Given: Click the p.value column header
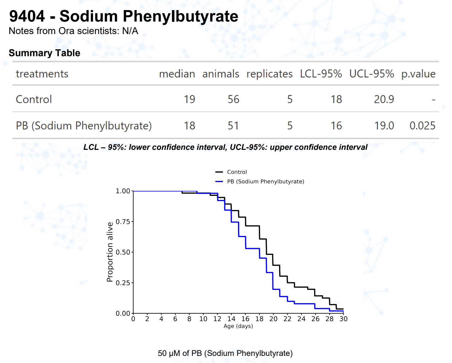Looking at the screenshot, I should [418, 74].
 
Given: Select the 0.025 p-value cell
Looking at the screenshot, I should [422, 126].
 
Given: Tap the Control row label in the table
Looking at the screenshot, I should [34, 100].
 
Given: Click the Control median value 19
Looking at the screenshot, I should [189, 100].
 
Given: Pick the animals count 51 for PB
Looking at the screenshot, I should [233, 126].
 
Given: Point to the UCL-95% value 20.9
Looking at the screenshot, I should [384, 100].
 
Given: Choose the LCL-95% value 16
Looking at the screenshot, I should [336, 126].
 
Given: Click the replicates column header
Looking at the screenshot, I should [269, 74].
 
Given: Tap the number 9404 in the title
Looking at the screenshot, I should [27, 16].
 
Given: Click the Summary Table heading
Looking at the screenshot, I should [45, 53].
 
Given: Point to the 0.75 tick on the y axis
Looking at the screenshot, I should [123, 222].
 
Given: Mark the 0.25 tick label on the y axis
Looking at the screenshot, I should [123, 283].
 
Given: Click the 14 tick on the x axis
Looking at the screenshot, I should [231, 319].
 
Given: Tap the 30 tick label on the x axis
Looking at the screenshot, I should [343, 319].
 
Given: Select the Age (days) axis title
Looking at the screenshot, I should [238, 326].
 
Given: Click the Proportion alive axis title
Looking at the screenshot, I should [110, 252].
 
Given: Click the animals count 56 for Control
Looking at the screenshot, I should [233, 100].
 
